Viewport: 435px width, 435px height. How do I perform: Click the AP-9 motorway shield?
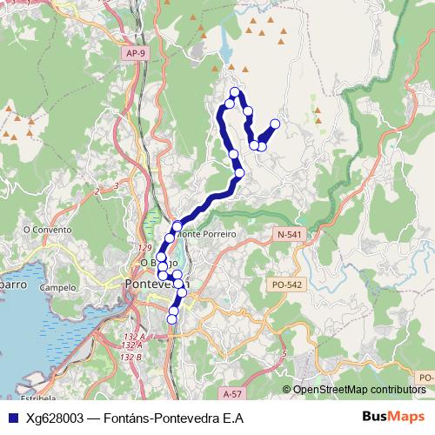134,53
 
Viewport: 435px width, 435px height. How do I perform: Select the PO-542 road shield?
285,284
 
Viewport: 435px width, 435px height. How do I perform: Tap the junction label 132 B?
130,357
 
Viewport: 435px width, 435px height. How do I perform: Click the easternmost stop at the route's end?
276,124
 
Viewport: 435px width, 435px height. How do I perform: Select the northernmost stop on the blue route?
234,91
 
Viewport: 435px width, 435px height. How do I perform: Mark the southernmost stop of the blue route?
171,319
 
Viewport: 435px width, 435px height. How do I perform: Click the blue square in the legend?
10,418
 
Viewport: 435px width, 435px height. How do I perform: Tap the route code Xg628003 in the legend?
52,418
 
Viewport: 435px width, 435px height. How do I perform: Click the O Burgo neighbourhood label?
157,262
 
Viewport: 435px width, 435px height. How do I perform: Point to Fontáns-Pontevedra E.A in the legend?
173,418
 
